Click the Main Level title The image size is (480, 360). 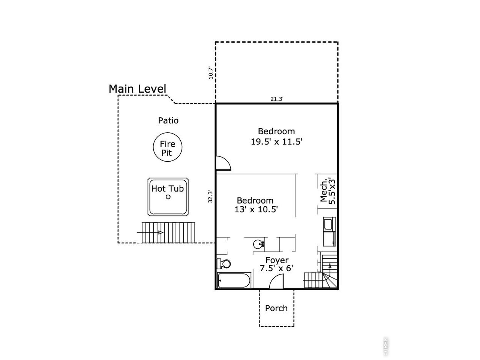(137, 89)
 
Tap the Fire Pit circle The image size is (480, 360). (168, 133)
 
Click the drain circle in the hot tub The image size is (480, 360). (168, 197)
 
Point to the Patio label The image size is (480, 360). (168, 120)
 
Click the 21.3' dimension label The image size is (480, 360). (277, 99)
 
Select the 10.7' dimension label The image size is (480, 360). (211, 73)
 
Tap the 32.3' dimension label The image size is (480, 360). (210, 196)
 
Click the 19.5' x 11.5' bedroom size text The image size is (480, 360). (277, 142)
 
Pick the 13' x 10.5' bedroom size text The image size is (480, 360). (256, 209)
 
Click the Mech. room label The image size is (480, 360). (323, 190)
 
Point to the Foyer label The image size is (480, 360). (277, 260)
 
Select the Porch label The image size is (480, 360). (276, 308)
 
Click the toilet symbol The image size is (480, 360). (223, 264)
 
